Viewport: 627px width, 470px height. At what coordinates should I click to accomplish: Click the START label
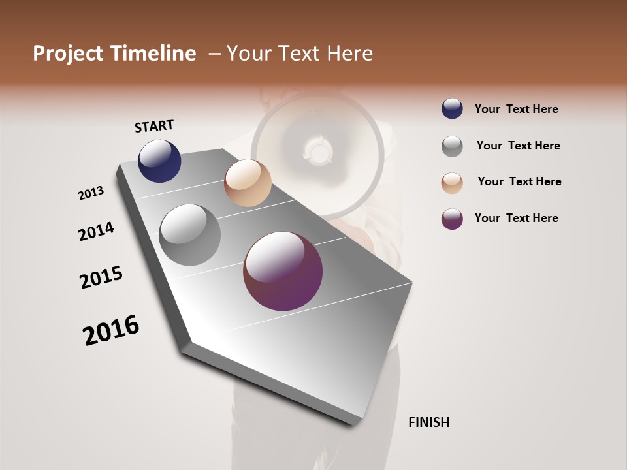[154, 126]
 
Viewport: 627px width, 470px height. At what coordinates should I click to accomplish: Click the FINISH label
[428, 422]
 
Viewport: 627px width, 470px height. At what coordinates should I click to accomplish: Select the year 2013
[91, 193]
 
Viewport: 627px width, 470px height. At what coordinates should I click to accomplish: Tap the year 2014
[96, 231]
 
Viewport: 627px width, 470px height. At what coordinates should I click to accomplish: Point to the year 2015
[101, 277]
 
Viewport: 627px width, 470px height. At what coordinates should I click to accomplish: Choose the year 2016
[111, 330]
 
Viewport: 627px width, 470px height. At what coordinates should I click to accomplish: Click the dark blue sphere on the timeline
[159, 161]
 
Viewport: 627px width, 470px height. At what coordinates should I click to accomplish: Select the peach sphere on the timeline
[248, 183]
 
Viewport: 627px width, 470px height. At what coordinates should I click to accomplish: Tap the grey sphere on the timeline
[189, 235]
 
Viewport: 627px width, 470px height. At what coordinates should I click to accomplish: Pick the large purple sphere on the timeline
[283, 271]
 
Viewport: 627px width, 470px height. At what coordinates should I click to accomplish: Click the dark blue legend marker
[452, 109]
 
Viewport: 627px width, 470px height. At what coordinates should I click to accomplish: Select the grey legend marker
[452, 146]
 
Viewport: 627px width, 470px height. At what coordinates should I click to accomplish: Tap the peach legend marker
[452, 183]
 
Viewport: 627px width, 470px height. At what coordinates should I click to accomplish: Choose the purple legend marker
[452, 219]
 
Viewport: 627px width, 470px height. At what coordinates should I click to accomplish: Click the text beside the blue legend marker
[516, 109]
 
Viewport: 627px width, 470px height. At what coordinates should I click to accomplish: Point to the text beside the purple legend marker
[516, 218]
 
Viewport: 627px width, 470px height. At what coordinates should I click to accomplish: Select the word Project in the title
[68, 54]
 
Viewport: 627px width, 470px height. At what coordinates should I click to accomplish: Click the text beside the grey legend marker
[518, 146]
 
